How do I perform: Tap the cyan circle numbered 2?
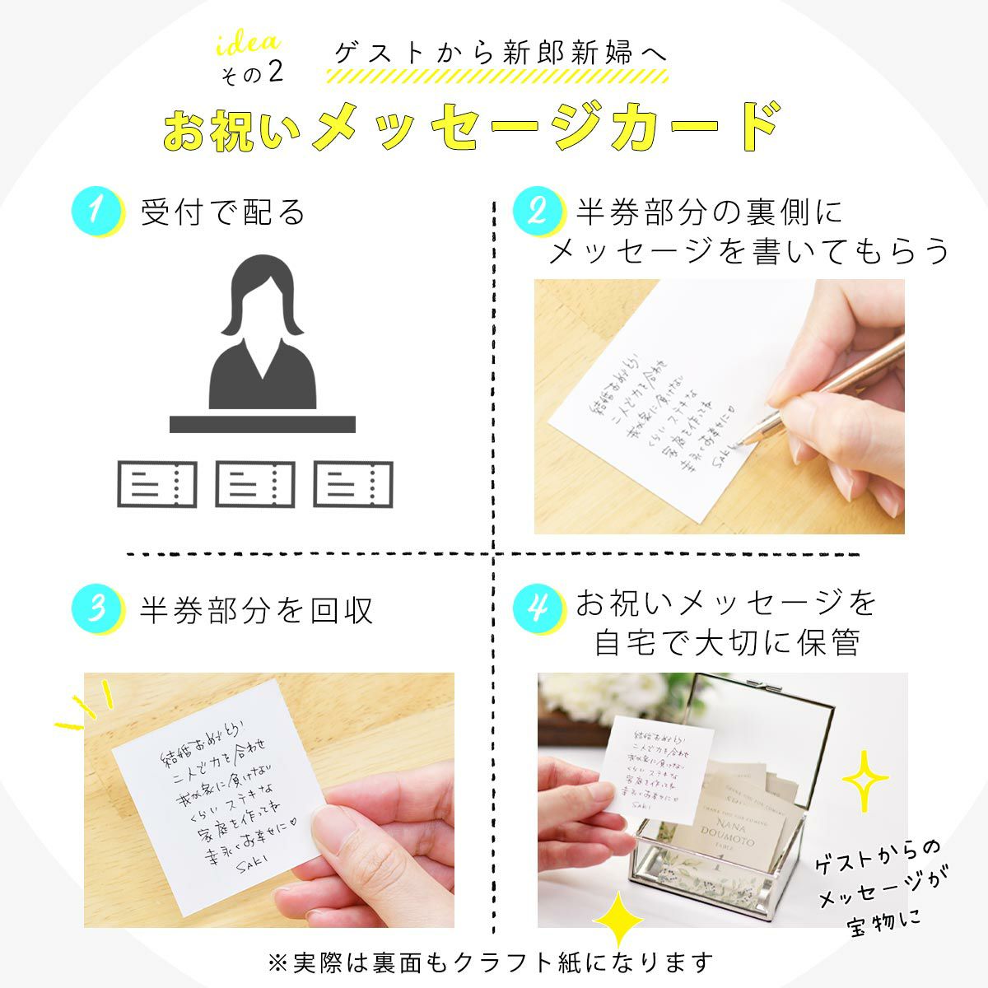537,211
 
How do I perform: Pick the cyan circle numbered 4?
537,608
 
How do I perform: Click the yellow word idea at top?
248,44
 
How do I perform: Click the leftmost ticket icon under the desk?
156,484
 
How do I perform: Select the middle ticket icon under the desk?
254,484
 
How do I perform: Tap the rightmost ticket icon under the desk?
353,484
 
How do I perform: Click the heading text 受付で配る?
222,212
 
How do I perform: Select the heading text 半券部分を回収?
256,610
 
